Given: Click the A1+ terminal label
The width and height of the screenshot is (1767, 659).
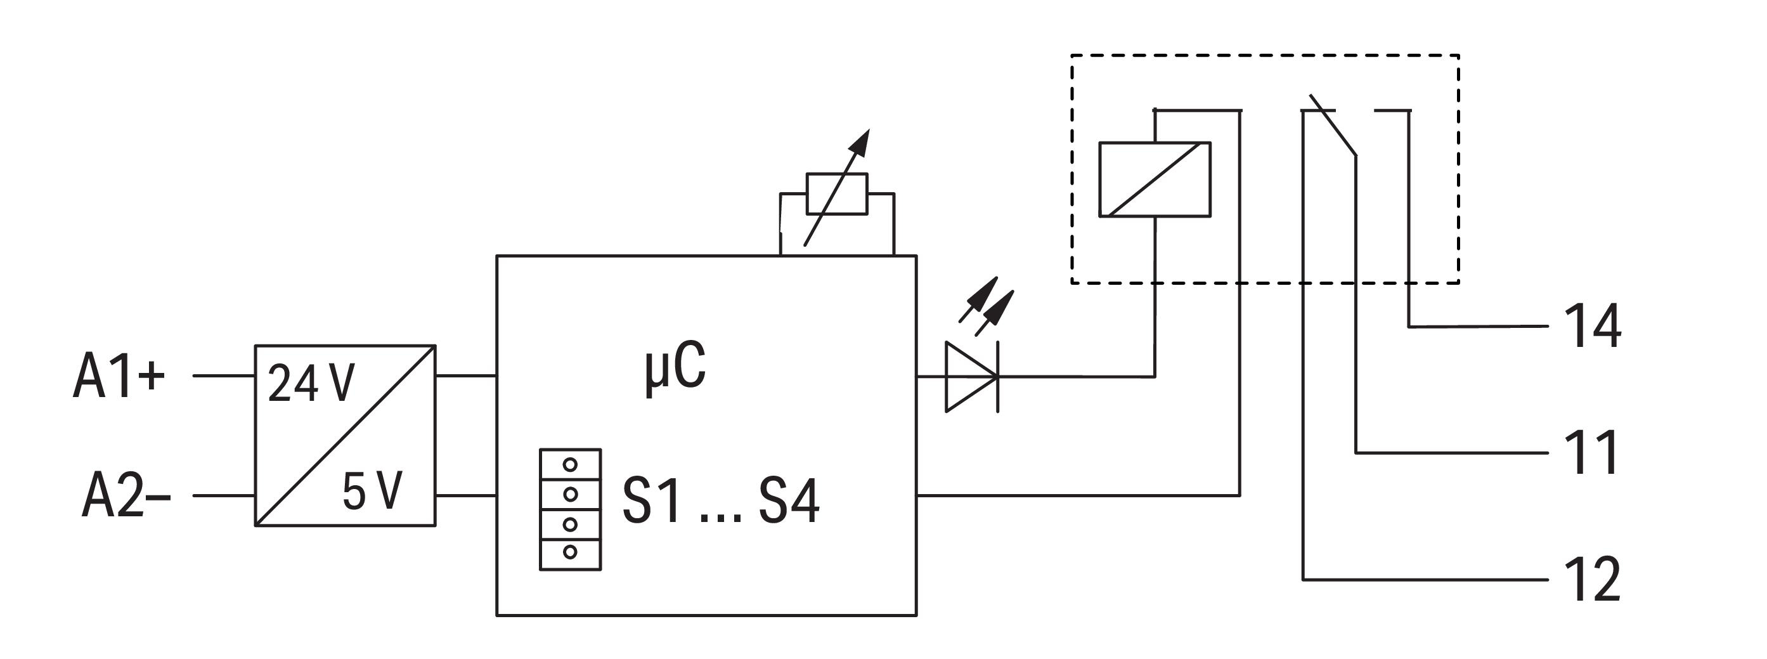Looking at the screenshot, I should pyautogui.click(x=119, y=376).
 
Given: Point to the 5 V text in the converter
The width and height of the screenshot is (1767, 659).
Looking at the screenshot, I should pyautogui.click(x=372, y=492).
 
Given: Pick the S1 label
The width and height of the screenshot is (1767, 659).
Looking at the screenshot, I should pyautogui.click(x=652, y=502).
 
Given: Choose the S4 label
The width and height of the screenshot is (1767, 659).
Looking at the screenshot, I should pyautogui.click(x=789, y=502).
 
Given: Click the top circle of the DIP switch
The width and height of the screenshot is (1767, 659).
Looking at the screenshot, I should pyautogui.click(x=570, y=465).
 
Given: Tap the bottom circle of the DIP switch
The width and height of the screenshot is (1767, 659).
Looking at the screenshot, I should pyautogui.click(x=570, y=552).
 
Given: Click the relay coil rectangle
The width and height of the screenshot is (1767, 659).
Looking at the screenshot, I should pyautogui.click(x=1155, y=179).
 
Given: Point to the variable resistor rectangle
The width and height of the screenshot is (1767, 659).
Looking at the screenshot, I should pyautogui.click(x=837, y=193).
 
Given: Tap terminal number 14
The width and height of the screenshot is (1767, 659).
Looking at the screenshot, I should pyautogui.click(x=1593, y=327).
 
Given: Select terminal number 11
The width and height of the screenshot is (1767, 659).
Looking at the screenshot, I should pyautogui.click(x=1591, y=453).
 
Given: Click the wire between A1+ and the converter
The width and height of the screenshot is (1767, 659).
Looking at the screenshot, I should pyautogui.click(x=224, y=376).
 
